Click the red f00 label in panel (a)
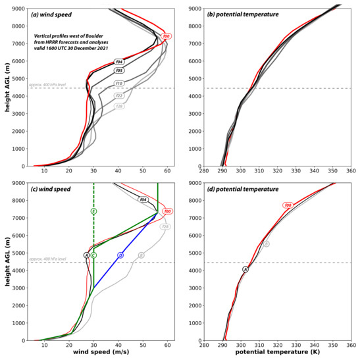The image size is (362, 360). [x=167, y=36]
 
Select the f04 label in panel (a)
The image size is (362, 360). [x=119, y=61]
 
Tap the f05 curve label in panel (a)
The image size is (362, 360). [x=119, y=70]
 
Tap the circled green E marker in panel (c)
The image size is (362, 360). [x=94, y=211]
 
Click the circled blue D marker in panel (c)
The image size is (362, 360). [x=120, y=255]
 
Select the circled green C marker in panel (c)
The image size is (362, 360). [x=94, y=255]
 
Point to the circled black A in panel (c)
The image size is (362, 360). [x=86, y=255]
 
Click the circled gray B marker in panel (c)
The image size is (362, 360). [x=141, y=255]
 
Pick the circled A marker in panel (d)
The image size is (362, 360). [x=246, y=269]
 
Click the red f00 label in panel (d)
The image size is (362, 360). [x=288, y=205]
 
